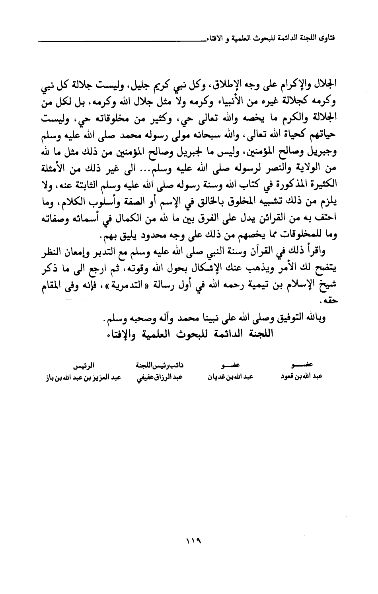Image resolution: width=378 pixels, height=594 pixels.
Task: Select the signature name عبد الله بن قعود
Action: click(x=303, y=377)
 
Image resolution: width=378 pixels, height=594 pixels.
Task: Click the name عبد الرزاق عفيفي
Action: click(x=159, y=377)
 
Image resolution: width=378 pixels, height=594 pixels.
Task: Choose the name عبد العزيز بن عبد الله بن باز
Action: click(x=83, y=377)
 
